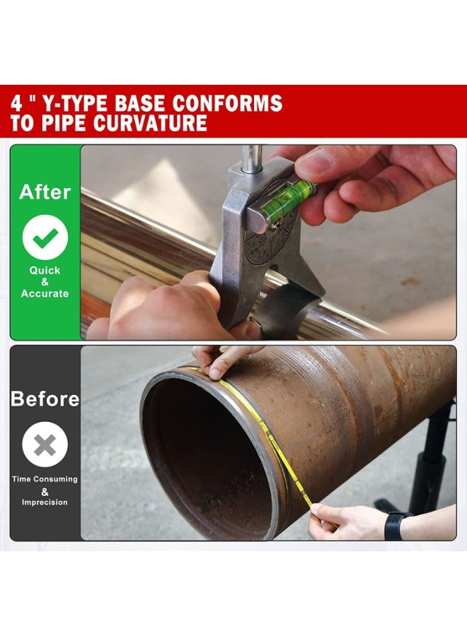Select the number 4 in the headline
click(x=17, y=103)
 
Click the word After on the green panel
click(x=45, y=192)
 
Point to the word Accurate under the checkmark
click(x=45, y=293)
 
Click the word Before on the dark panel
click(x=45, y=399)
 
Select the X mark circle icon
click(x=45, y=445)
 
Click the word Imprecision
click(x=45, y=502)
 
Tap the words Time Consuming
click(x=45, y=479)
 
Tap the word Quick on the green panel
click(x=45, y=271)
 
